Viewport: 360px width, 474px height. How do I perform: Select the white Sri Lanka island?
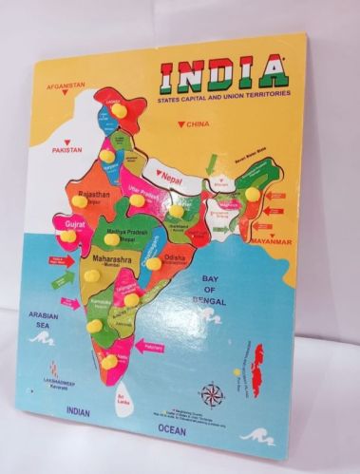121,391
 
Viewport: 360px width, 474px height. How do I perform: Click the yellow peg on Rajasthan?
79,200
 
